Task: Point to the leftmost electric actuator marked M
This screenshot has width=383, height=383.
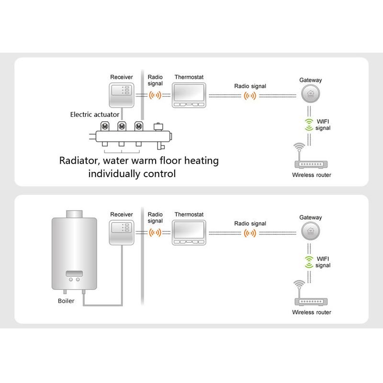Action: point(104,126)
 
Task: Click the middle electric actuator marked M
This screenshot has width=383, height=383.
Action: point(121,126)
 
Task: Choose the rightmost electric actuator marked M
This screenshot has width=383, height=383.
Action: point(139,126)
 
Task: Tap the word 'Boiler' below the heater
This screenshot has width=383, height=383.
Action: point(66,301)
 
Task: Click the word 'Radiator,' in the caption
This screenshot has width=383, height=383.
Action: point(79,161)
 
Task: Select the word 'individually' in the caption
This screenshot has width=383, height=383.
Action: point(114,173)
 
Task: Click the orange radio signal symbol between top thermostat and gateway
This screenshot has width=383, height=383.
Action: point(250,96)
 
